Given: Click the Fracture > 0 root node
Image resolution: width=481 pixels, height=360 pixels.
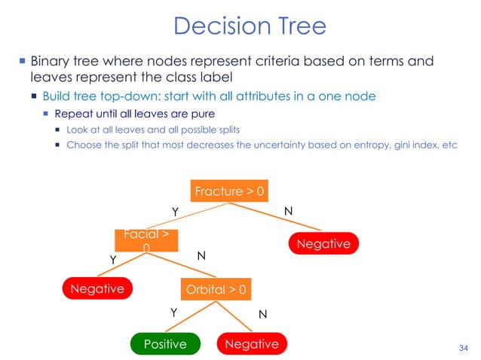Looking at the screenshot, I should (229, 191).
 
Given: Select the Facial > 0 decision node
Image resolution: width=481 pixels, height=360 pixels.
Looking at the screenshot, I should (146, 240).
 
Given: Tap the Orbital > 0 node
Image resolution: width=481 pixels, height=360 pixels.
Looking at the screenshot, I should (216, 288).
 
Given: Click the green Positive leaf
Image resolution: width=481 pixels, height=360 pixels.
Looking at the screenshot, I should (165, 344).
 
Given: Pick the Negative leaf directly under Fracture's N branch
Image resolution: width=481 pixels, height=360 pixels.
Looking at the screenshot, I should (323, 243).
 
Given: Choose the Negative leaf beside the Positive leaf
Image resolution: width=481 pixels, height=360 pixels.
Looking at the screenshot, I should (252, 344).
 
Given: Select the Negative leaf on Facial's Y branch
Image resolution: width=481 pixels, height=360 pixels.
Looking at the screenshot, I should (97, 288).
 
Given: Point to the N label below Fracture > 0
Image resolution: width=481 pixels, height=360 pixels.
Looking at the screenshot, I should (288, 212).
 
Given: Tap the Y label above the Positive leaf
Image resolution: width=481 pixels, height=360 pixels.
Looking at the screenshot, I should (173, 311).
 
